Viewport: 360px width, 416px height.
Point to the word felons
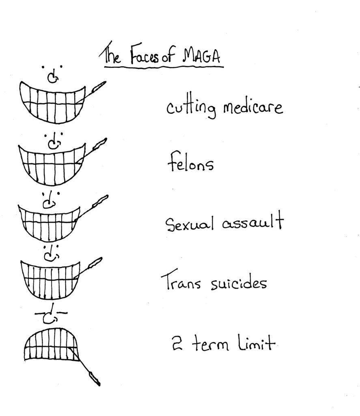point(190,165)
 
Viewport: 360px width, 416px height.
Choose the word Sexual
point(189,224)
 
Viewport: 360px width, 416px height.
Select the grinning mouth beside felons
point(52,163)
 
